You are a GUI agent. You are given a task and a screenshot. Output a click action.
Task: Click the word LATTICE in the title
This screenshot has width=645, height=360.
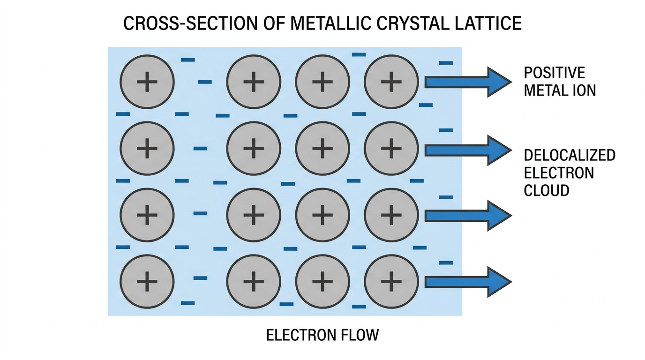[488, 23]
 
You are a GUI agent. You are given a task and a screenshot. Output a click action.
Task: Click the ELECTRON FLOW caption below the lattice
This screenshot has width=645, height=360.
[322, 335]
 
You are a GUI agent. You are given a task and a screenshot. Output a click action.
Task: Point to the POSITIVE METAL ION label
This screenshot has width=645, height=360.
[560, 82]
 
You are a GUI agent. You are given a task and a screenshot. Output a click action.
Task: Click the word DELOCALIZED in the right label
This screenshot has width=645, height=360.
[570, 155]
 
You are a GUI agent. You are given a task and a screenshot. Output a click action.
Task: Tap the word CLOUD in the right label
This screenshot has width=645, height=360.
[547, 190]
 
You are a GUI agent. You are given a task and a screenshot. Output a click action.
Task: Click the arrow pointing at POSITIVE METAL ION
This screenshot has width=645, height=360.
[468, 82]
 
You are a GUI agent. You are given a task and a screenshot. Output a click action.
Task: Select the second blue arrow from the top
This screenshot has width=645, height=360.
[468, 150]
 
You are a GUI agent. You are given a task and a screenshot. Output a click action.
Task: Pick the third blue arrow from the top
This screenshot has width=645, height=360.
[468, 216]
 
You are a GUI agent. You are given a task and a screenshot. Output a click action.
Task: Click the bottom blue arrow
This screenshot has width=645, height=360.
[468, 282]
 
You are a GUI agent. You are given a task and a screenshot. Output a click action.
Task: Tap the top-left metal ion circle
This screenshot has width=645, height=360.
[147, 82]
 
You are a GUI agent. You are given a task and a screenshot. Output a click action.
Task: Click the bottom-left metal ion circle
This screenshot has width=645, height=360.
[147, 281]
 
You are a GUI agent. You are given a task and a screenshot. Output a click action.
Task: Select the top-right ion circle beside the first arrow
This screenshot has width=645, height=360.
[391, 82]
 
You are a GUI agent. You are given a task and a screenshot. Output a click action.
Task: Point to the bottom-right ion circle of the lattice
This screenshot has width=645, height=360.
[391, 281]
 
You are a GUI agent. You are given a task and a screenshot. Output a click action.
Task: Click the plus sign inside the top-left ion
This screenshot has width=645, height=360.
[147, 82]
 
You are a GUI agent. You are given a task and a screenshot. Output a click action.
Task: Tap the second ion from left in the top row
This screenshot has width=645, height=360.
[254, 82]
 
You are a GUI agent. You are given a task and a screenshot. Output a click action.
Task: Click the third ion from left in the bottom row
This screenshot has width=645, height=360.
[322, 281]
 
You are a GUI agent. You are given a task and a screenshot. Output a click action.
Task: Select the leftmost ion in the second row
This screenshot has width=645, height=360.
[147, 148]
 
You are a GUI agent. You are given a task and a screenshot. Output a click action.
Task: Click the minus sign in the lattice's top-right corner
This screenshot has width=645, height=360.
[446, 63]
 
